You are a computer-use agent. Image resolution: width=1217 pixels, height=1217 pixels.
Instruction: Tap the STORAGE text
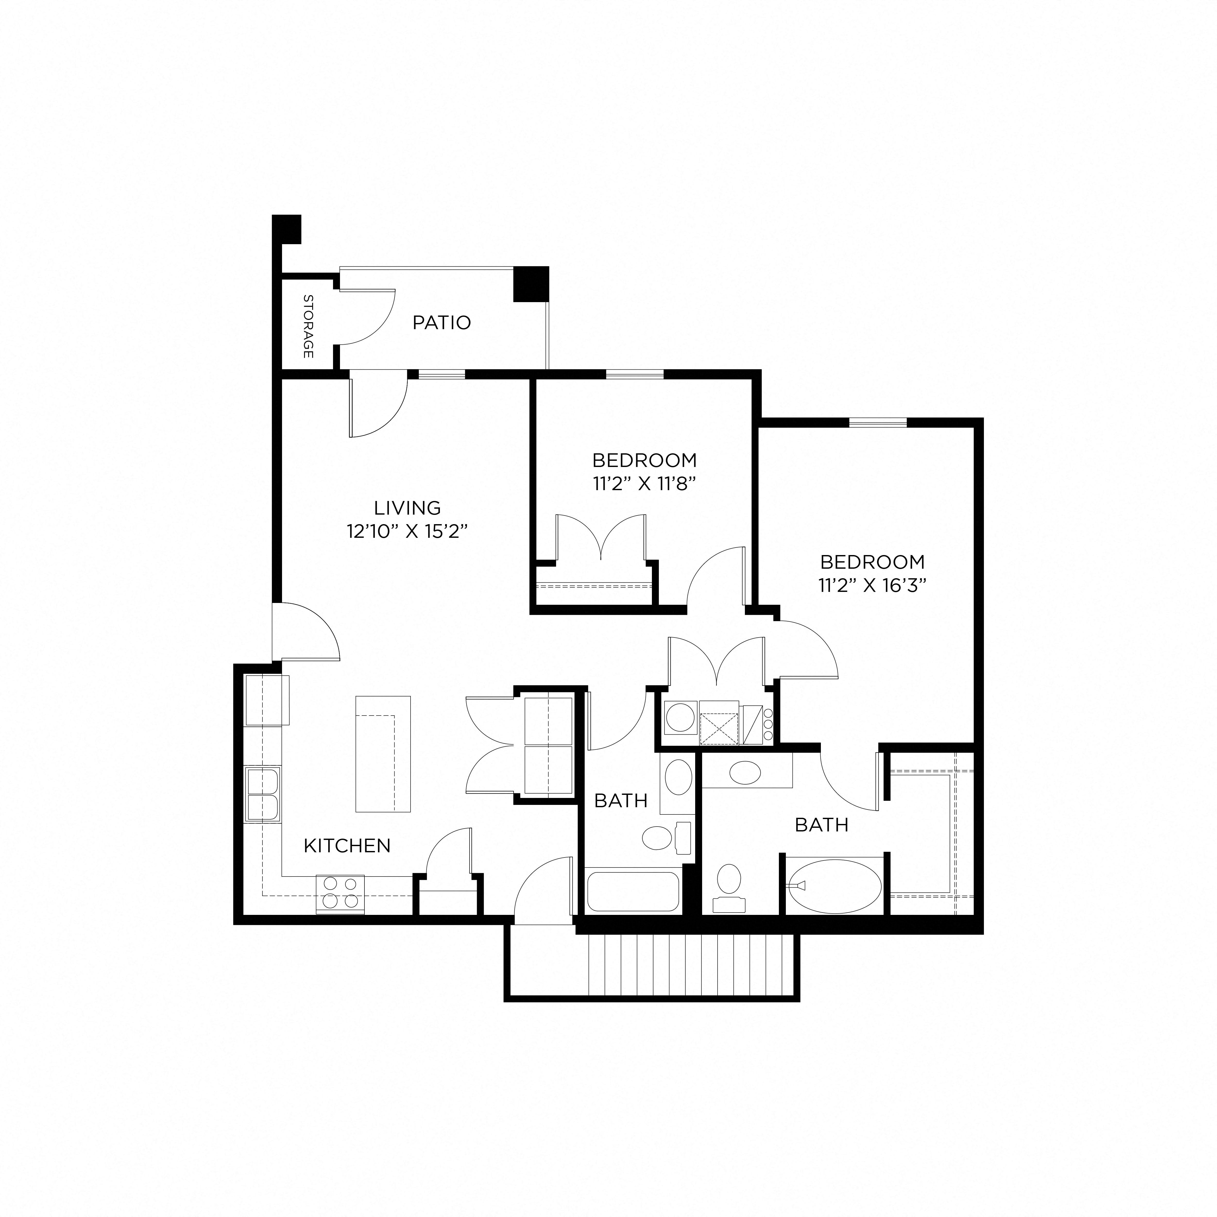tap(308, 326)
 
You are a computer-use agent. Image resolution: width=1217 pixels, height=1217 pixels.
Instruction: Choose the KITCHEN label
tap(347, 845)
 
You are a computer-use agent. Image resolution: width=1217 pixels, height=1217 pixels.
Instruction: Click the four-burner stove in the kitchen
tap(340, 894)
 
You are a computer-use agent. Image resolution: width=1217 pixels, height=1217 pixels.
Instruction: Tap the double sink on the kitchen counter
tap(263, 795)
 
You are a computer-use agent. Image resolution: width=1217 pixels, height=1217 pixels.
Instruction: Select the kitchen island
tap(383, 753)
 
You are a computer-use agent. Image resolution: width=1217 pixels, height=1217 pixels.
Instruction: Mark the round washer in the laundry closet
tap(680, 718)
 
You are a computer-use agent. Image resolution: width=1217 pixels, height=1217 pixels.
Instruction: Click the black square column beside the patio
tap(531, 284)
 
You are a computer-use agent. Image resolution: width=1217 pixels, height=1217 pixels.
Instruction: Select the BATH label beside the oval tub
tap(821, 824)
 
